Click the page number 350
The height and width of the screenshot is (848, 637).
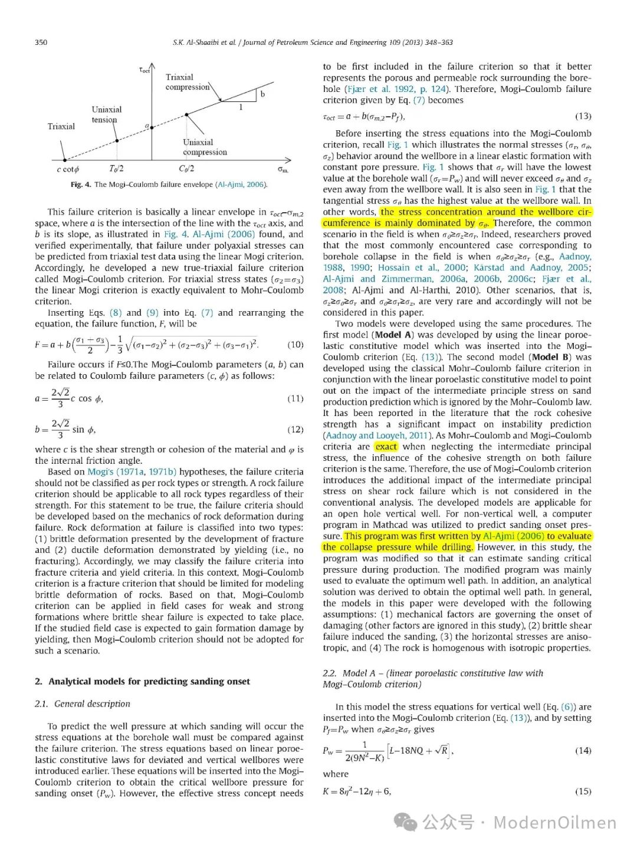pyautogui.click(x=41, y=42)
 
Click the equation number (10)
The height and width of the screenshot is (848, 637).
pyautogui.click(x=295, y=345)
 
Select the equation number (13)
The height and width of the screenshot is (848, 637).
pyautogui.click(x=583, y=116)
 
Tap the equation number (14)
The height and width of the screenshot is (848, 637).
pyautogui.click(x=583, y=751)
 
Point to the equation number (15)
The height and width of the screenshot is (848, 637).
pyautogui.click(x=583, y=791)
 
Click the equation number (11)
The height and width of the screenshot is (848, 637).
pyautogui.click(x=295, y=399)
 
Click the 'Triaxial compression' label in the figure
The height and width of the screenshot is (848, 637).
pyautogui.click(x=187, y=82)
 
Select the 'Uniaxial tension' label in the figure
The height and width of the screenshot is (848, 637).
pyautogui.click(x=106, y=114)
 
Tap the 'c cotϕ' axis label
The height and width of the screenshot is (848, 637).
pyautogui.click(x=68, y=170)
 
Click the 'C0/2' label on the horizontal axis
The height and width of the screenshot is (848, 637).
pyautogui.click(x=186, y=169)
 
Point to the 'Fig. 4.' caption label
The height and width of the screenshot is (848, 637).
pyautogui.click(x=81, y=184)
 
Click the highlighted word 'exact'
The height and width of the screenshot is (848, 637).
pyautogui.click(x=386, y=447)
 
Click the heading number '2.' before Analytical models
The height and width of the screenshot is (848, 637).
pyautogui.click(x=38, y=682)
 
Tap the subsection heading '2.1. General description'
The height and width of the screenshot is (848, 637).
pyautogui.click(x=83, y=704)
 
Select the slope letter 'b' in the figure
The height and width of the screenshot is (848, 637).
pyautogui.click(x=262, y=94)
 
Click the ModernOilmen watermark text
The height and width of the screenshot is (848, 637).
pyautogui.click(x=554, y=823)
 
